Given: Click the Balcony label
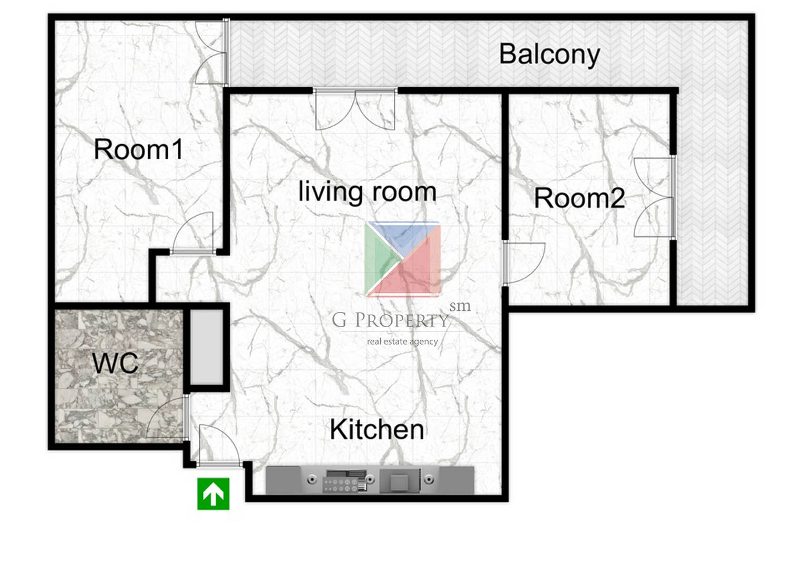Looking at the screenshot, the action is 549,55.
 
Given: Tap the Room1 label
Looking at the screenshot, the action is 138,149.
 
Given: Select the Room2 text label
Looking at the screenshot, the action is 580,198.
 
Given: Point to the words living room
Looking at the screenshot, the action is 368,192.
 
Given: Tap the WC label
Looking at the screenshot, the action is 115,363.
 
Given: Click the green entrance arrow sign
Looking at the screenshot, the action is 214,494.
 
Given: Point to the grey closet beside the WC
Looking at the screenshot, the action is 206,347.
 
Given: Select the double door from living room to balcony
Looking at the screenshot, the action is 355,109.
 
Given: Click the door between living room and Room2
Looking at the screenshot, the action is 524,263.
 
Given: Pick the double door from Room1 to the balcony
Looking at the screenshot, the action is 211,53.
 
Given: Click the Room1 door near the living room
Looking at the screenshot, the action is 194,232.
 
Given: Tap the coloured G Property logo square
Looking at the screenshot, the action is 403,259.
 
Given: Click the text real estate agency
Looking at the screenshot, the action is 402,342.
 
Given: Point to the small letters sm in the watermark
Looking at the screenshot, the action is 460,306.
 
